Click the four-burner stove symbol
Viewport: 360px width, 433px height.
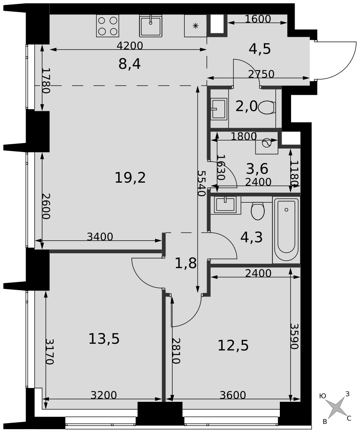pyautogui.click(x=108, y=26)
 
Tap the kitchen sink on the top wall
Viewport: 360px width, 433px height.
pyautogui.click(x=150, y=26)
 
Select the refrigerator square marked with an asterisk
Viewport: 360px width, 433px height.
pyautogui.click(x=196, y=26)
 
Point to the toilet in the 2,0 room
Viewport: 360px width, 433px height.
pyautogui.click(x=267, y=107)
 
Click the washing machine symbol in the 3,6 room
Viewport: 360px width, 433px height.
pyautogui.click(x=266, y=143)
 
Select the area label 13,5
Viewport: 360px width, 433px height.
pyautogui.click(x=104, y=339)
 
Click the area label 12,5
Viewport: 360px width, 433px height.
pyautogui.click(x=233, y=345)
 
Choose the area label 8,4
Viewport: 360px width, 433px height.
pyautogui.click(x=130, y=65)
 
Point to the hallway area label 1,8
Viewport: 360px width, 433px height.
pyautogui.click(x=186, y=263)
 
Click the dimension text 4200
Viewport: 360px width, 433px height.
pyautogui.click(x=130, y=45)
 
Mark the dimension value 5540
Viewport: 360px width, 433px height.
pyautogui.click(x=201, y=183)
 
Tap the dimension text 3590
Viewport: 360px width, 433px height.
pyautogui.click(x=295, y=336)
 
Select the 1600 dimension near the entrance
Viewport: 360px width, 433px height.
pyautogui.click(x=258, y=19)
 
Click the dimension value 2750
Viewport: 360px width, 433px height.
pyautogui.click(x=261, y=74)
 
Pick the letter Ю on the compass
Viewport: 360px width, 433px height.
pyautogui.click(x=322, y=396)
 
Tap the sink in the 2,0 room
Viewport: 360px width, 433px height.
pyautogui.click(x=219, y=109)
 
